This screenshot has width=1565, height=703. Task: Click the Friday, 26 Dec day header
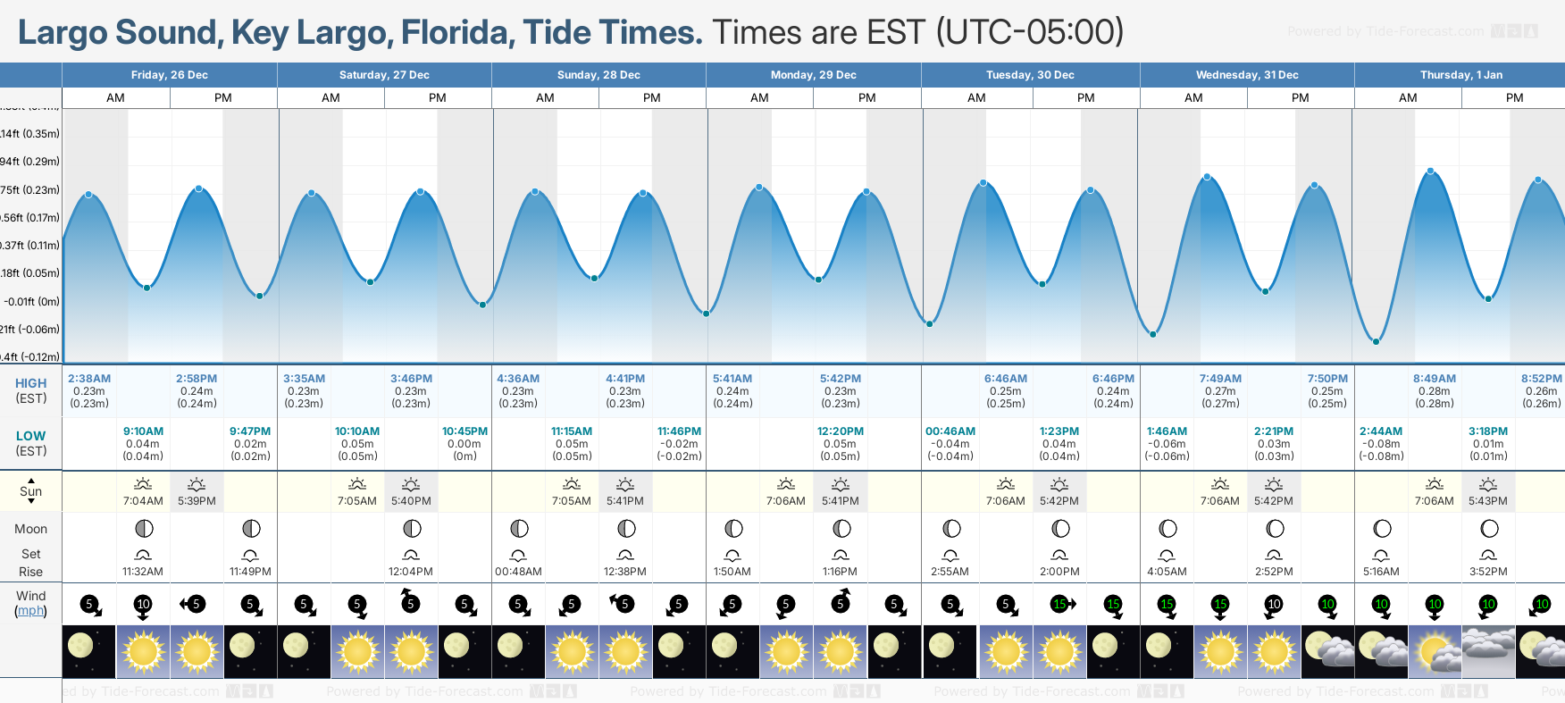170,75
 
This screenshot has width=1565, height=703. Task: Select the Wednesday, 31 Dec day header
1247,75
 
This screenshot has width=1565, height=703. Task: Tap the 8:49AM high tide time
1435,379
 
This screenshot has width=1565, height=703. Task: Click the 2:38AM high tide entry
89,379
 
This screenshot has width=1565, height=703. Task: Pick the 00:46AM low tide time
950,431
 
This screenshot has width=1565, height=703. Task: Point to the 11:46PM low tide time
679,431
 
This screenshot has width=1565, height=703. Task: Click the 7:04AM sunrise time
143,501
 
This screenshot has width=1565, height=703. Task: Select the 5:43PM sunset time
1488,501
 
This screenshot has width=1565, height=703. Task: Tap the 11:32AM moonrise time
143,572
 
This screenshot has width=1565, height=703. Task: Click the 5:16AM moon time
1381,572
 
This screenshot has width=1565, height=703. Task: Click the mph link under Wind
31,611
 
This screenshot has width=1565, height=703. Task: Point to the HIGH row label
30,383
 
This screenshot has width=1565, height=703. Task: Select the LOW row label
30,436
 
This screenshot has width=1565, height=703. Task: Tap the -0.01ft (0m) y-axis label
30,301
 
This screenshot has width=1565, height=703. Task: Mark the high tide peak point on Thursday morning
1430,171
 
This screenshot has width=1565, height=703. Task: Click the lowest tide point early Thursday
1377,341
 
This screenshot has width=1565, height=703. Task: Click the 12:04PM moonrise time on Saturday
411,572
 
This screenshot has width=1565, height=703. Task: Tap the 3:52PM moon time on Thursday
1488,572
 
